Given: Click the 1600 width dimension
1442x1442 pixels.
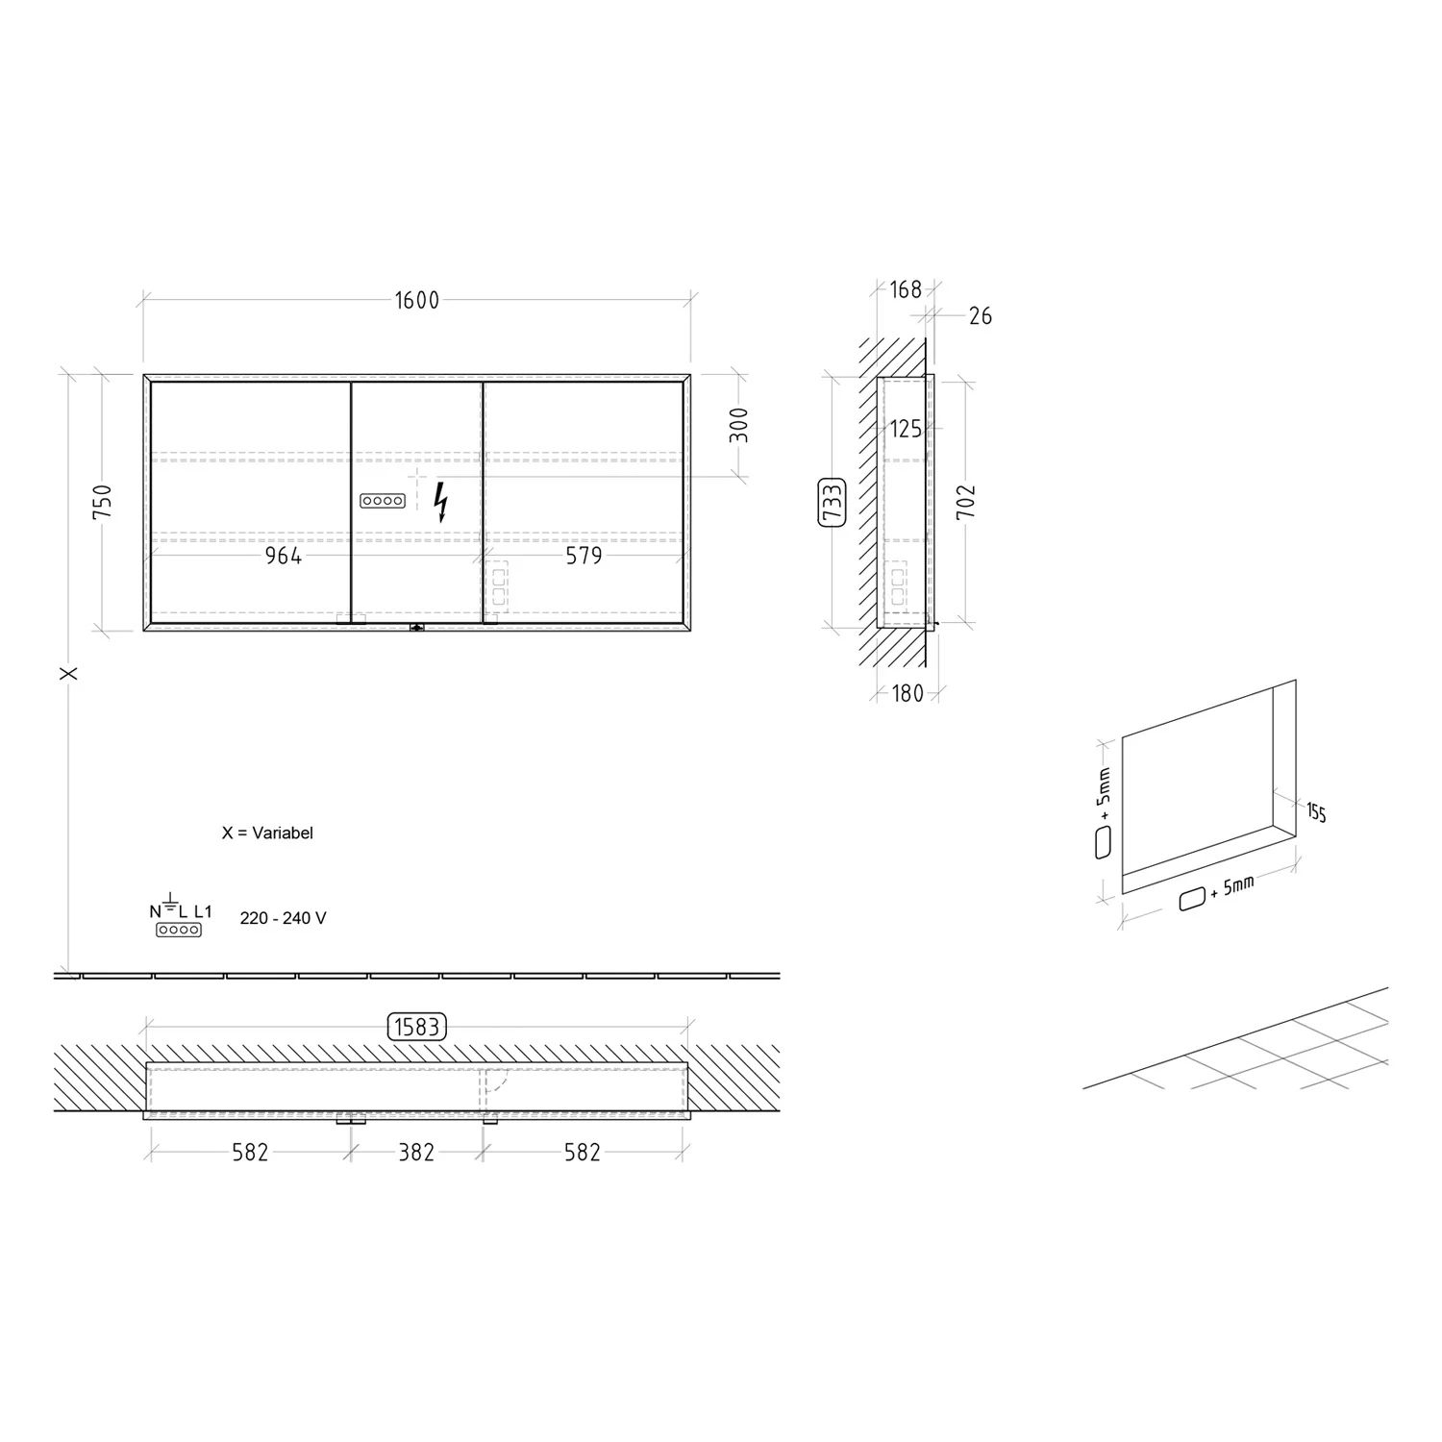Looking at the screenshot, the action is coord(417,301).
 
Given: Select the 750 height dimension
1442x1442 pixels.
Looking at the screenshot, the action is coord(102,502).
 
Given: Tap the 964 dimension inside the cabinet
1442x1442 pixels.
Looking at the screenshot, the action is coord(284,557).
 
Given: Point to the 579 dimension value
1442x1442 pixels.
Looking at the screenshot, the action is coord(584,557).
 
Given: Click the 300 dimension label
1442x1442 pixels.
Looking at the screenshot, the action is coord(738,425).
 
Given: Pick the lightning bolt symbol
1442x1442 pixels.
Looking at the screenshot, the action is coord(441,501).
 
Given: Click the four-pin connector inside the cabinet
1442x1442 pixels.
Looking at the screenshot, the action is coord(383,501).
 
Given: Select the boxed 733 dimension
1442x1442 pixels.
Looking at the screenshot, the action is coord(832,502).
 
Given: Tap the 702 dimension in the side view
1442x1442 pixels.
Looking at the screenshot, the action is coord(966,502).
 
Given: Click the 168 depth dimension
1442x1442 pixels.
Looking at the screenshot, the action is coord(906,289).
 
